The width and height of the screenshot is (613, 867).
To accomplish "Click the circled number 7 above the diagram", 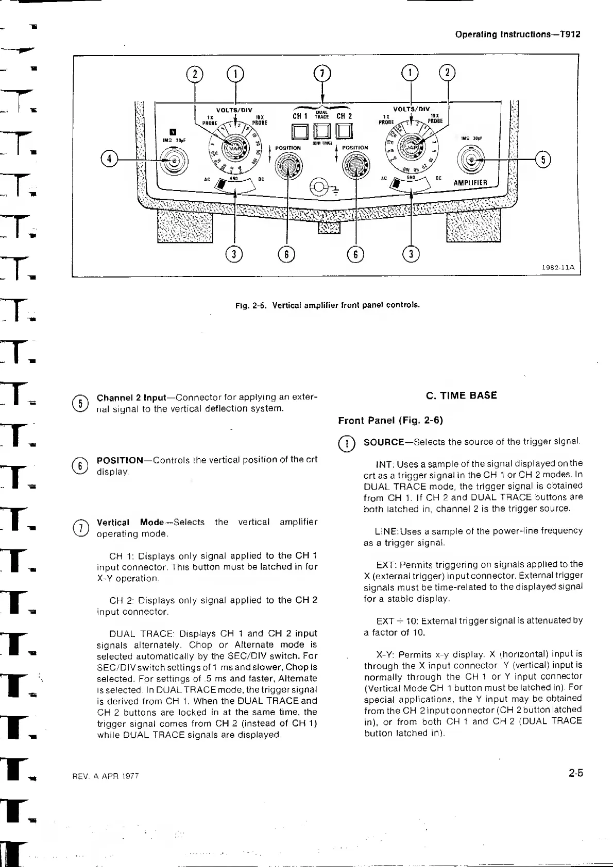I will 322,73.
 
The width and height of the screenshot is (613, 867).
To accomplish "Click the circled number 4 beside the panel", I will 109,159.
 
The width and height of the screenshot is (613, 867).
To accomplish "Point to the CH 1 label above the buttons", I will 300,116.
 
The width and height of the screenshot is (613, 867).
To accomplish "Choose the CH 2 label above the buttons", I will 344,116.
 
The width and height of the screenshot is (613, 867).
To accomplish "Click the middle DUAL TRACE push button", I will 322,133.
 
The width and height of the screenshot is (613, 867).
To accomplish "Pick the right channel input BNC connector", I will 471,160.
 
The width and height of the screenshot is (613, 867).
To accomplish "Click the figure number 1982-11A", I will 558,268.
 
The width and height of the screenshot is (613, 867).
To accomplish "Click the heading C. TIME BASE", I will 461,395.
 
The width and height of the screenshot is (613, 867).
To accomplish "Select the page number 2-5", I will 576,773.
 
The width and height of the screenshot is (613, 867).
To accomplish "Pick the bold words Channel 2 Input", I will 131,398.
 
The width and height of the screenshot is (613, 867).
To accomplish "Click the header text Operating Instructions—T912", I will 518,34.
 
